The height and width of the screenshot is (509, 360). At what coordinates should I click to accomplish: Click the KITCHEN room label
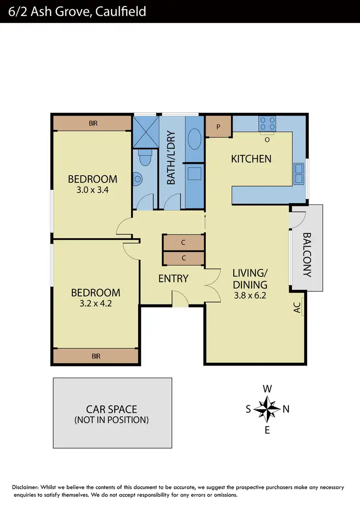[251, 159]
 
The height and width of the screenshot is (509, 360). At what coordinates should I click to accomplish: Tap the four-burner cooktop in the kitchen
[267, 124]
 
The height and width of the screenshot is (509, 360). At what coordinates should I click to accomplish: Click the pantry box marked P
[218, 127]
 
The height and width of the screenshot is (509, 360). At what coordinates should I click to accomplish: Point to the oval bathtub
[195, 141]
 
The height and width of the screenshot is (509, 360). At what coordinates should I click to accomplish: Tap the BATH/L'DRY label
[170, 158]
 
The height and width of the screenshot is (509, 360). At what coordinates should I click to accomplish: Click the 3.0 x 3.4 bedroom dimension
[93, 189]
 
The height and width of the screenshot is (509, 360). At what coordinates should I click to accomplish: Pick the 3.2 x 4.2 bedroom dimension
[96, 303]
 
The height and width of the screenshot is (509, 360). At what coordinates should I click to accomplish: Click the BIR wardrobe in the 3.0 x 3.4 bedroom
[93, 123]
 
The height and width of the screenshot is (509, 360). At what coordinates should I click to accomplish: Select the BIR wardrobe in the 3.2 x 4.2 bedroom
[96, 356]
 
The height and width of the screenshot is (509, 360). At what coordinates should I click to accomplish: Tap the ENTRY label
[173, 279]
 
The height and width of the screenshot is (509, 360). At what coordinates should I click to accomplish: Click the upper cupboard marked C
[183, 243]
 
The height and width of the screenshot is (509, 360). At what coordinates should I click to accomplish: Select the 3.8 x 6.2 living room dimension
[249, 296]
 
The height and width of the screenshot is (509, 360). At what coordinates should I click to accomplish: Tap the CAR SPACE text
[111, 409]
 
